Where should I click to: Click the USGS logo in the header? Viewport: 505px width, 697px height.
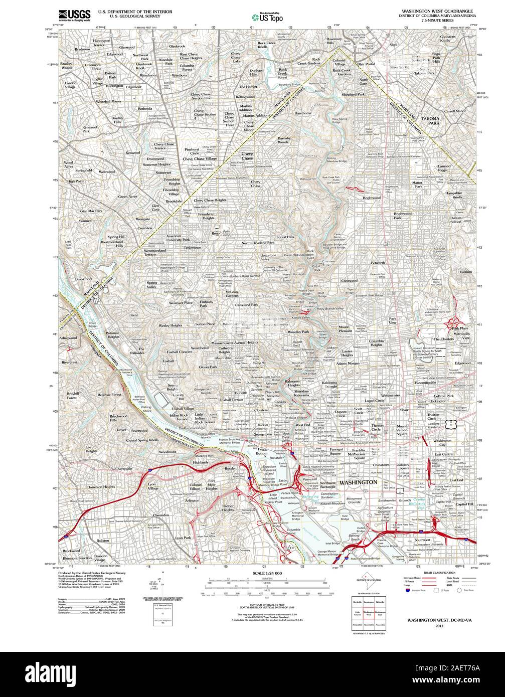[x=74, y=15]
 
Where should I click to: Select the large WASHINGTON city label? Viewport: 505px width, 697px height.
[x=358, y=482]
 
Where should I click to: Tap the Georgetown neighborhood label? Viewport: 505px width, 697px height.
[x=262, y=434]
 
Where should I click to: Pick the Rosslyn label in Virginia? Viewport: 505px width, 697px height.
[x=230, y=468]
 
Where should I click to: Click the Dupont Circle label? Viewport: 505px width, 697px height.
[x=341, y=413]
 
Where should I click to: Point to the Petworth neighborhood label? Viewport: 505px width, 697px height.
[x=378, y=263]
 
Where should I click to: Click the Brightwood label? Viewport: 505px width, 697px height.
[x=372, y=198]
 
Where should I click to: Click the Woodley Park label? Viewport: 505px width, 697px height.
[x=298, y=332]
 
